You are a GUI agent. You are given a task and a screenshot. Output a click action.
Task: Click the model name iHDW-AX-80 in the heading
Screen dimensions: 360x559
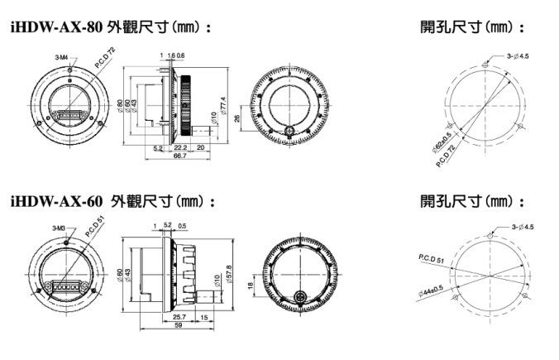(57, 26)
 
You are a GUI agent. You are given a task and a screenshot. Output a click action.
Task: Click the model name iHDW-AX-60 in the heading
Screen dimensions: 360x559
(57, 201)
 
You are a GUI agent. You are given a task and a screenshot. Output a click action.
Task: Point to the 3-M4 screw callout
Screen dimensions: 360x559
(62, 58)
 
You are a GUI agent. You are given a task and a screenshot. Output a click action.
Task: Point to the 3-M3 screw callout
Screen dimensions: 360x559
(59, 228)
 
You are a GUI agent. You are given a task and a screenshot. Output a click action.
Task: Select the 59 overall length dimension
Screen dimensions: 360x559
(179, 325)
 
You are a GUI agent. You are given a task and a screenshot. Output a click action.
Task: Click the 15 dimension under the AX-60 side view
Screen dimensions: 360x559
(203, 316)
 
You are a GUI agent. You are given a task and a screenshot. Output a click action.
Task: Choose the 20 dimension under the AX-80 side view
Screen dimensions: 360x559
(201, 146)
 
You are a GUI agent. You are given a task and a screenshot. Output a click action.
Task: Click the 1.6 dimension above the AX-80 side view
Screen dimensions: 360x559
(170, 55)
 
